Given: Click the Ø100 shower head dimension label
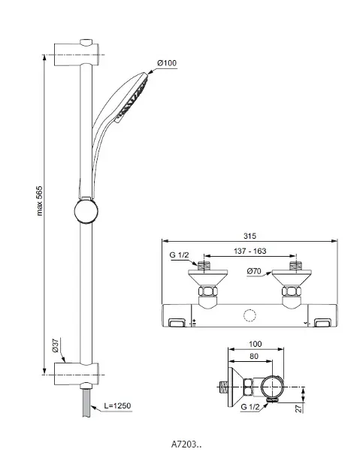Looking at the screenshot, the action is (x=166, y=63).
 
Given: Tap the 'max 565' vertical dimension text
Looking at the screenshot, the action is (x=40, y=200).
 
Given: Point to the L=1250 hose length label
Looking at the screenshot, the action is (x=117, y=405).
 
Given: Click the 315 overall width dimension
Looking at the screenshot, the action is (x=250, y=236).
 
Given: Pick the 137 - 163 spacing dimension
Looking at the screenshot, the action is (x=250, y=251).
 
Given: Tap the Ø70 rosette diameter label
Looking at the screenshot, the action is (x=254, y=271).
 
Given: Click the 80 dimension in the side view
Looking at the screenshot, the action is (x=254, y=356).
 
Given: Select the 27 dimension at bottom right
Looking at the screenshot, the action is (x=298, y=408).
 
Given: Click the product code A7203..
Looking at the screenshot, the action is (x=186, y=444).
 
